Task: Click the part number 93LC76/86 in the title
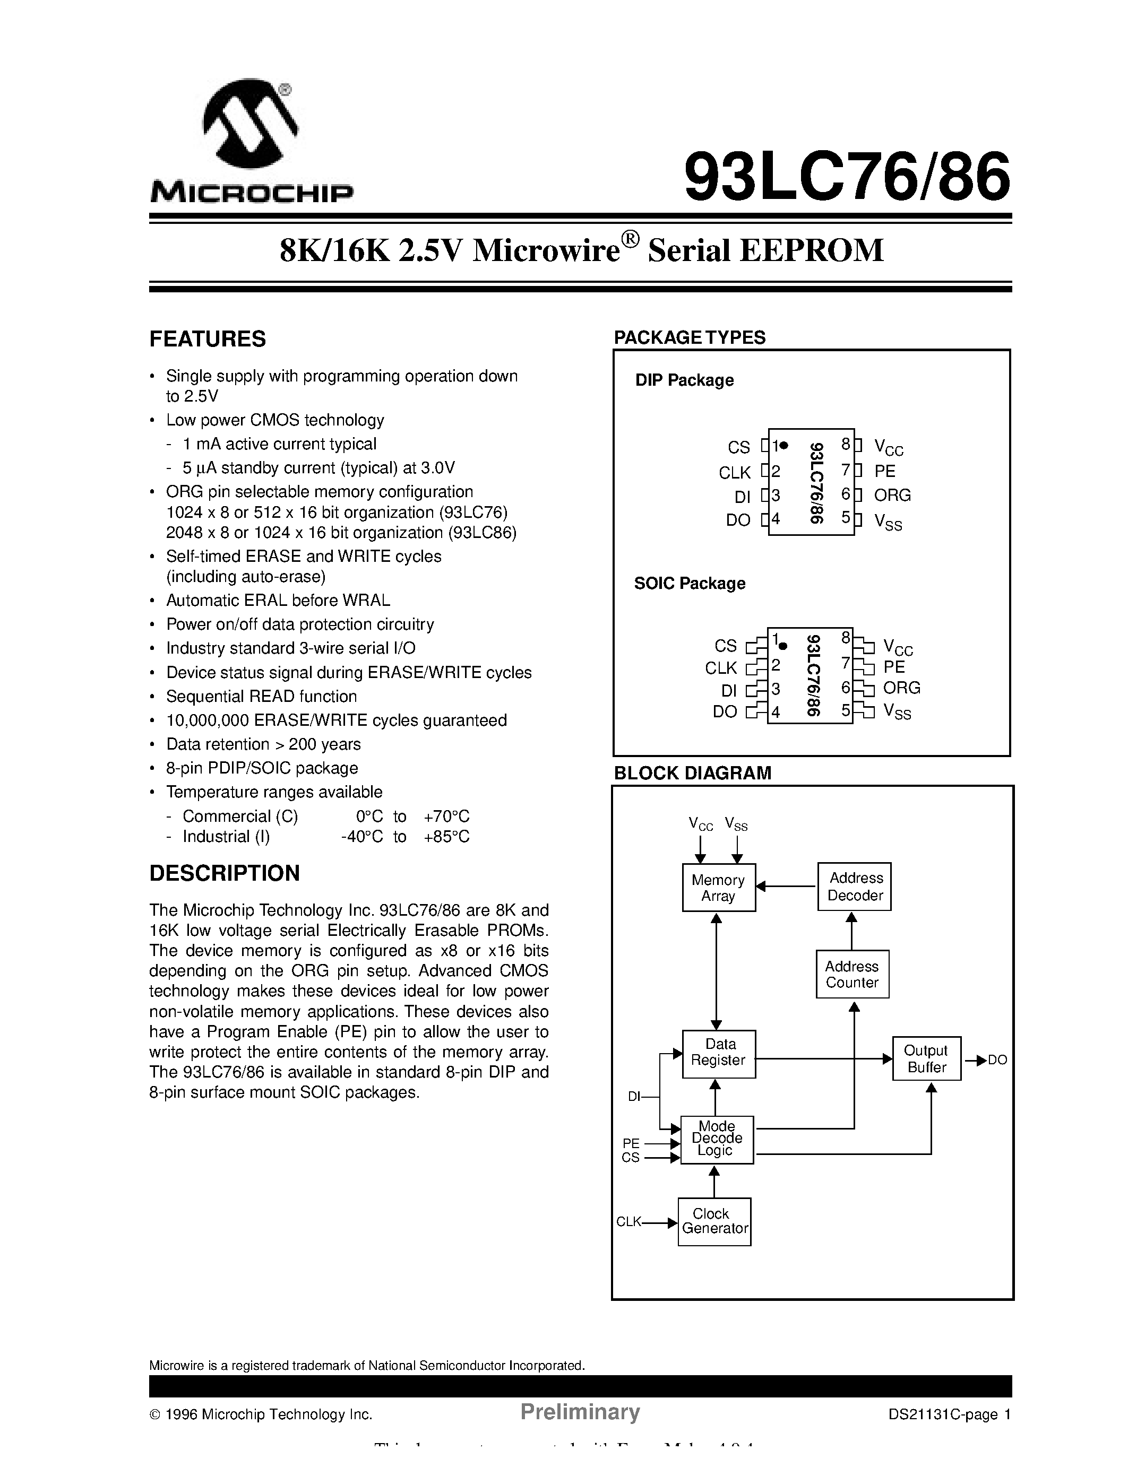pos(847,177)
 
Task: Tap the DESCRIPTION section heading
pos(225,873)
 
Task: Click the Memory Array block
pos(718,888)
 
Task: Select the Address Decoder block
pos(855,887)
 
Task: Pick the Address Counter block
pos(852,974)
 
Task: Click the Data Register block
pos(718,1054)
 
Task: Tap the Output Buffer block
pos(926,1059)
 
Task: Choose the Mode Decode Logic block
pos(717,1139)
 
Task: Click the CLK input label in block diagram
pos(628,1222)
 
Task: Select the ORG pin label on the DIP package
pos(892,495)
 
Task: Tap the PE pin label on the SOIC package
pos(893,667)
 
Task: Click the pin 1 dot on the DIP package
pos(785,445)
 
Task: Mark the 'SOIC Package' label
pos(690,583)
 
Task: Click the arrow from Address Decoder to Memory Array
pos(787,887)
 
